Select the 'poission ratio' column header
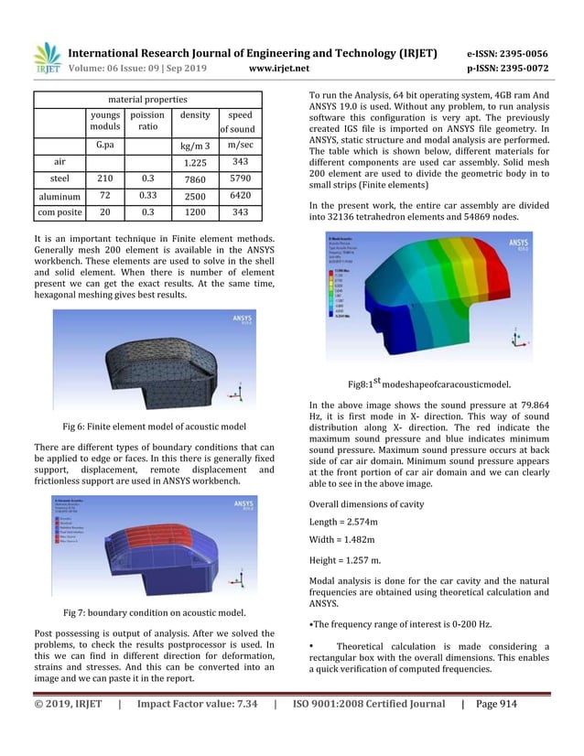pyautogui.click(x=147, y=122)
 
